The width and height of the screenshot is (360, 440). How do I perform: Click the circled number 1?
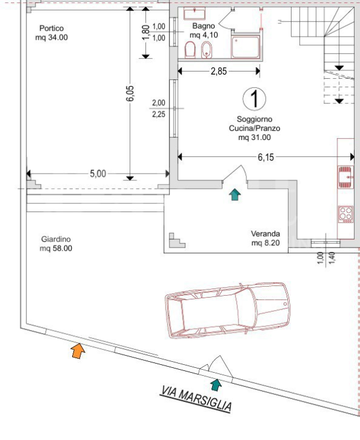pyautogui.click(x=254, y=98)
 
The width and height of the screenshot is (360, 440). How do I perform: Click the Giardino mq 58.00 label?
pyautogui.click(x=56, y=244)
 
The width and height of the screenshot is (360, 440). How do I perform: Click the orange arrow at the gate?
pyautogui.click(x=77, y=350)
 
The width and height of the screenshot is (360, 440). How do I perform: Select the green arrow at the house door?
pyautogui.click(x=235, y=194)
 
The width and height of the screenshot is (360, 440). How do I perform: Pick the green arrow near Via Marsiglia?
pyautogui.click(x=215, y=384)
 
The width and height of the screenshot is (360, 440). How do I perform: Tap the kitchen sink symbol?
pyautogui.click(x=346, y=177)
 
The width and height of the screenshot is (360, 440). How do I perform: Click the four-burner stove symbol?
pyautogui.click(x=346, y=213)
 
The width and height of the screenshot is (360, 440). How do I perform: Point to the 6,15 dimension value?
pyautogui.click(x=266, y=157)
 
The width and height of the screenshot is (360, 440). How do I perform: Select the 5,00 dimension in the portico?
pyautogui.click(x=98, y=174)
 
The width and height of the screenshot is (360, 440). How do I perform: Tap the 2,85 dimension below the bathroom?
pyautogui.click(x=218, y=71)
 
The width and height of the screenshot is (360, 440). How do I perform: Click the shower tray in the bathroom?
pyautogui.click(x=246, y=47)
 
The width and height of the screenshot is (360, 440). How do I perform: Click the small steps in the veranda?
pyautogui.click(x=177, y=241)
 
